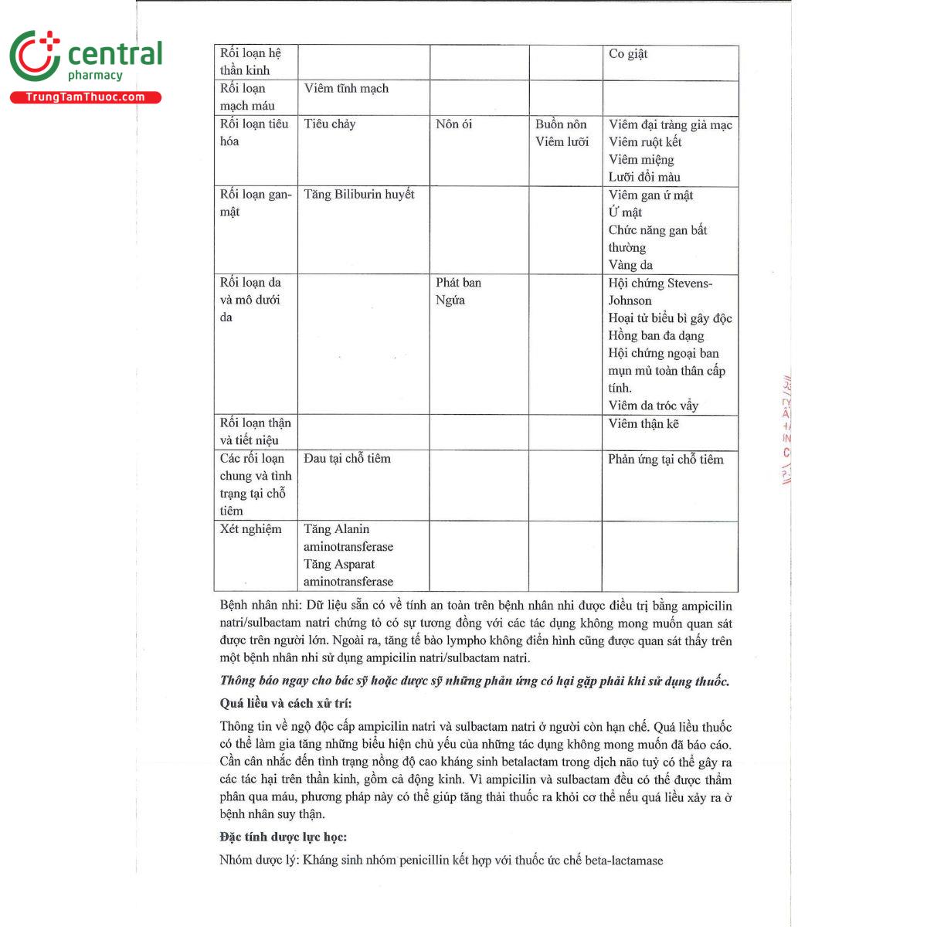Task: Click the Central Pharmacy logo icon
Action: pos(35,56)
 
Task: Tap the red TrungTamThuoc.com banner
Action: pos(85,97)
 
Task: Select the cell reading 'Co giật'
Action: pos(628,54)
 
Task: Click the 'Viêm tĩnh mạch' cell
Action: pos(346,89)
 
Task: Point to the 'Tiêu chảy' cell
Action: pos(330,124)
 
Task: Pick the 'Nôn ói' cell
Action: pos(453,124)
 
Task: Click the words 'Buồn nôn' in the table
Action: pos(561,124)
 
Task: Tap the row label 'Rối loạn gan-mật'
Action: pos(256,203)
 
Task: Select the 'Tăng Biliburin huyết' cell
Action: pos(359,195)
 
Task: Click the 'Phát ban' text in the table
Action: pos(458,283)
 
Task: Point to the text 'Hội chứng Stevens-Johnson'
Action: pos(660,291)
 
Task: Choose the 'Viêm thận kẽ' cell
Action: pos(643,423)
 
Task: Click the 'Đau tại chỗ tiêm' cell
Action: pos(347,459)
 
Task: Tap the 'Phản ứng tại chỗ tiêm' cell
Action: pos(666,460)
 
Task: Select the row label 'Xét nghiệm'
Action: pos(251,529)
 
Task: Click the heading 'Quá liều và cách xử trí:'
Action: pos(286,704)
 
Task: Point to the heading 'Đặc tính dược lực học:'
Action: pos(284,837)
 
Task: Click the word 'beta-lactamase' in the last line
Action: pos(624,861)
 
